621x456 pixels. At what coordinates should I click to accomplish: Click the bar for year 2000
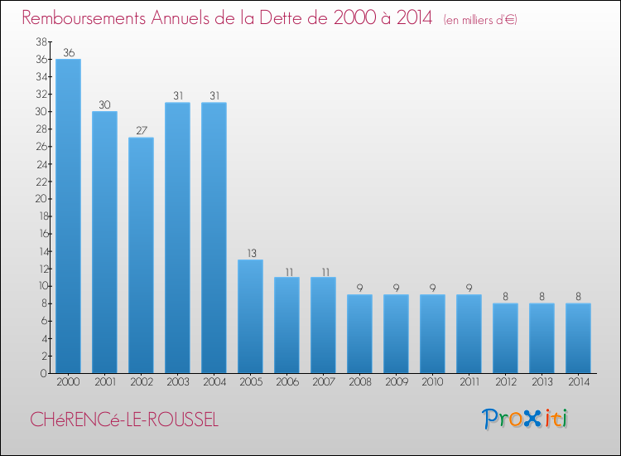[x=68, y=216]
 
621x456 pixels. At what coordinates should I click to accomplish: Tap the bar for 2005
[x=250, y=316]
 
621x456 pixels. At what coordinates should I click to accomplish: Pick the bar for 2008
[x=359, y=333]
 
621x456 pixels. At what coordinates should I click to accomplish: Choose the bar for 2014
[x=578, y=337]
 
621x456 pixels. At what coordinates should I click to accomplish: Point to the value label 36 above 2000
[x=68, y=53]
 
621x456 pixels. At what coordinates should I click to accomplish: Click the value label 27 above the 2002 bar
[x=141, y=131]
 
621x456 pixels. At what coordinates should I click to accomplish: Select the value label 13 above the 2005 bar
[x=250, y=254]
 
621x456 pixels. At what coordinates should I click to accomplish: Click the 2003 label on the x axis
[x=177, y=383]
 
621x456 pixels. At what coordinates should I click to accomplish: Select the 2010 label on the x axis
[x=432, y=383]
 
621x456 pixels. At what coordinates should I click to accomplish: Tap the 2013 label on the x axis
[x=542, y=383]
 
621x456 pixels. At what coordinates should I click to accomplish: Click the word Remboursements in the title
[x=85, y=18]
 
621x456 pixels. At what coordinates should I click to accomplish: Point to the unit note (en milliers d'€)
[x=479, y=20]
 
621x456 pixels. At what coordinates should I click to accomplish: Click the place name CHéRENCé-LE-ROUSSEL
[x=124, y=420]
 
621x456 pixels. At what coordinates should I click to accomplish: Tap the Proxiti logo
[x=525, y=419]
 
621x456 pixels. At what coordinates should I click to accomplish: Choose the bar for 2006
[x=286, y=325]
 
